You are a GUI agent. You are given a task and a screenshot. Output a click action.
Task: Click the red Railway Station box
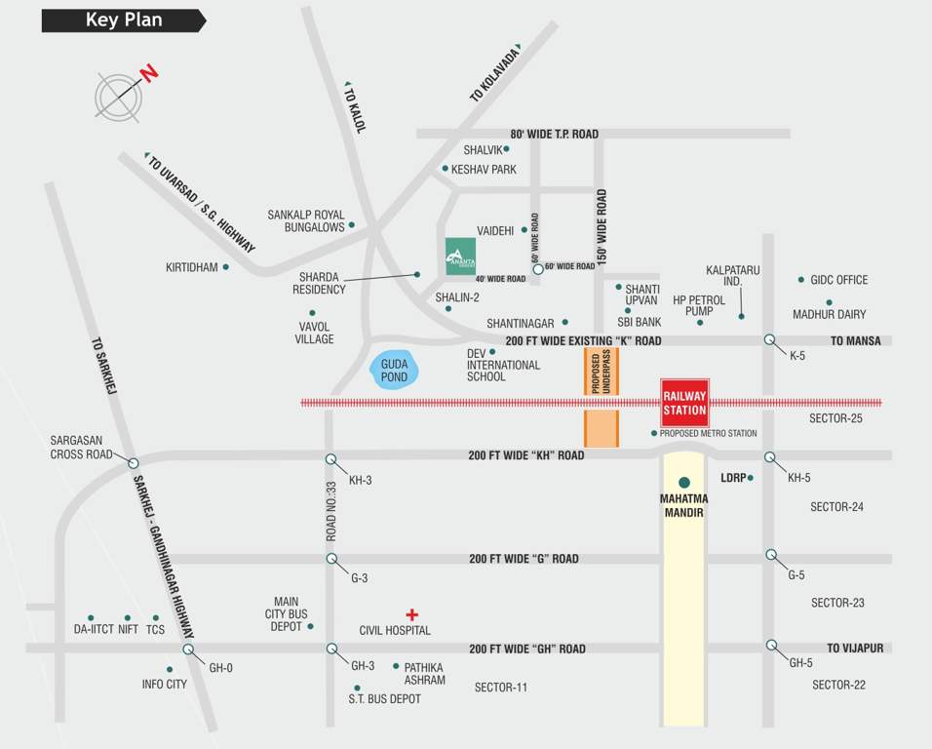coord(684,403)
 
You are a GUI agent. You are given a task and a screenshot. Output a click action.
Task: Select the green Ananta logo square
coord(460,256)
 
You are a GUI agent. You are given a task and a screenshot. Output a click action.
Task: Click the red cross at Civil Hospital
coord(412,614)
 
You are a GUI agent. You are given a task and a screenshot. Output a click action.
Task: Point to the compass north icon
coord(119,96)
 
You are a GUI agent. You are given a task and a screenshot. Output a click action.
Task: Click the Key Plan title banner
coord(123,20)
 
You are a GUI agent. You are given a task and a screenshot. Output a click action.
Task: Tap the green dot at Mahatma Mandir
coord(684,482)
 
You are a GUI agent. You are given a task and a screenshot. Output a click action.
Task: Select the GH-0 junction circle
coord(188,650)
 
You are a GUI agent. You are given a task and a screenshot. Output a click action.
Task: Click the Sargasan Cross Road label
coord(82,447)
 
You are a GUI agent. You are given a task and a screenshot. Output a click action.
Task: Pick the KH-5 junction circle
coord(770,456)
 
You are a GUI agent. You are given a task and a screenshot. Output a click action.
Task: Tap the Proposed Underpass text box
coord(601,372)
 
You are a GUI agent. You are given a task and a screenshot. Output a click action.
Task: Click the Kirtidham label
coord(191,267)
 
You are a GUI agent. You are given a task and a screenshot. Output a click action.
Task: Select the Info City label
coord(164,685)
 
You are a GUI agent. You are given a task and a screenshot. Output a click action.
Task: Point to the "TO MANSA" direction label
coord(855,341)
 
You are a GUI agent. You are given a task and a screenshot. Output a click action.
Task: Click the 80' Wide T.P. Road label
coord(554,134)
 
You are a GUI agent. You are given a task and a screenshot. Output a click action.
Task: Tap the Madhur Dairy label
coord(829,315)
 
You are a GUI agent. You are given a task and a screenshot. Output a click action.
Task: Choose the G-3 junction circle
coord(331,559)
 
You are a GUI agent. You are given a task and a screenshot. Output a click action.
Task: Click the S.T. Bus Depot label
coord(385,699)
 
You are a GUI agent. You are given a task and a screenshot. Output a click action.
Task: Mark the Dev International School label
coord(503,365)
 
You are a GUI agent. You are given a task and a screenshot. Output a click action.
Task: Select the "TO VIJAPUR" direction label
coord(855,648)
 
